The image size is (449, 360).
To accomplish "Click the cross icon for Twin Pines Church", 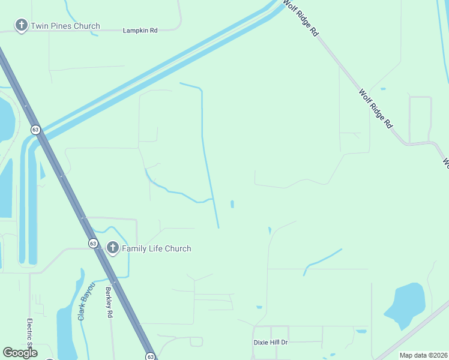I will (x=22, y=26).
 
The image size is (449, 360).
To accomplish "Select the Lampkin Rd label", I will (x=140, y=30).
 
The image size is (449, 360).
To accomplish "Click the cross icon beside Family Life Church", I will (x=112, y=247).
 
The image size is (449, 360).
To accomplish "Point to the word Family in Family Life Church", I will (x=135, y=248).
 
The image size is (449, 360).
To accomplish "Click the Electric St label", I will (x=29, y=336).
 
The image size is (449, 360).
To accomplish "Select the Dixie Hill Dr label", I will (x=271, y=342).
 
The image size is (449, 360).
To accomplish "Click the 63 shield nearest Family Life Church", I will (x=92, y=243).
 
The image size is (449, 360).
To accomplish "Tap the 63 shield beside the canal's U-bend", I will (x=35, y=130).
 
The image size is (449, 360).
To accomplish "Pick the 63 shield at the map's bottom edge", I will (x=150, y=356).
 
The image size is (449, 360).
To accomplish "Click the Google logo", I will (x=20, y=353).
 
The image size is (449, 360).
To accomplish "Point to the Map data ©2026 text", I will (x=423, y=355).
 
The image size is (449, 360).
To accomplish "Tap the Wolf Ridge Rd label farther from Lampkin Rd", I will (x=376, y=109).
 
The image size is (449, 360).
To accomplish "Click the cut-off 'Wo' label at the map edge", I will (x=445, y=162).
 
